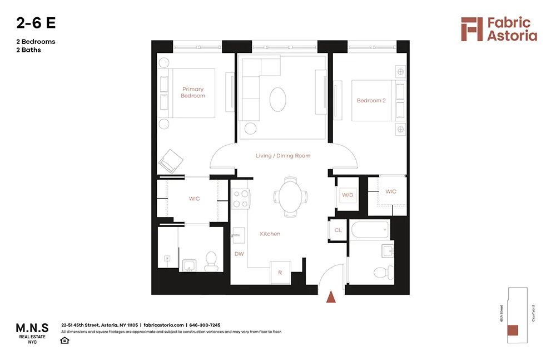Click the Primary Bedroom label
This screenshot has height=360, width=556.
coord(192,92)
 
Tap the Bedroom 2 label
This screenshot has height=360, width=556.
coord(371,101)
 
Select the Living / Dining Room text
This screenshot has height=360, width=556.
coord(283,156)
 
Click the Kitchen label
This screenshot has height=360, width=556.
coord(270,234)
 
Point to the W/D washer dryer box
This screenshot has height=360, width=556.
coord(348,195)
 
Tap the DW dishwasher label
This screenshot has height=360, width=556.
coord(239,254)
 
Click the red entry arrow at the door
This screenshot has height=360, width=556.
coord(331,297)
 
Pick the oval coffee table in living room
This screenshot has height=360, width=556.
coord(279,101)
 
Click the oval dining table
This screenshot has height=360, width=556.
coord(290,196)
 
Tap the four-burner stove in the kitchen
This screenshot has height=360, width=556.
coord(240,199)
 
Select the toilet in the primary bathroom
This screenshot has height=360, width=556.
coord(211,261)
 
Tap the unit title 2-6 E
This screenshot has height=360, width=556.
coord(36,23)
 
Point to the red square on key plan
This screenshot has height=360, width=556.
coord(512,330)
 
